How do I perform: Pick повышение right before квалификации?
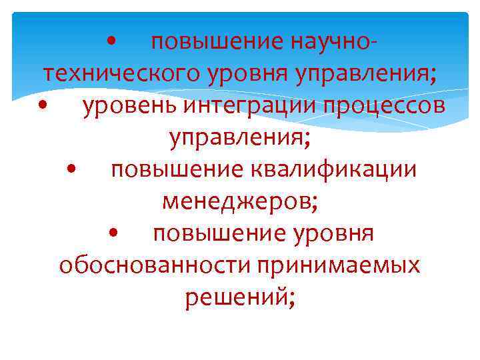coord(178,169)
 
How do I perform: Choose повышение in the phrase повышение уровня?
coord(219,233)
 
